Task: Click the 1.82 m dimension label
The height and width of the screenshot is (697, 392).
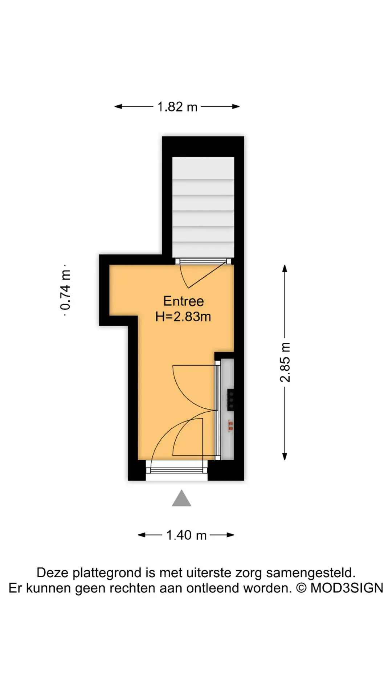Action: [177, 107]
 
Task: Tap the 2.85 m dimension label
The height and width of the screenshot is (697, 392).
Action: [285, 362]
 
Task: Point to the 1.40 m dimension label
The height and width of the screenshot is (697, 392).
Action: [186, 535]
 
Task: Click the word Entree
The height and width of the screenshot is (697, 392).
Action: [184, 301]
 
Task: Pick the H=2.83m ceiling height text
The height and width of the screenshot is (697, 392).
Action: [183, 317]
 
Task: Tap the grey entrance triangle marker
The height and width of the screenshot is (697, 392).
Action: [181, 498]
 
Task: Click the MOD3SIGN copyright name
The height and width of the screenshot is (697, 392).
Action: [347, 588]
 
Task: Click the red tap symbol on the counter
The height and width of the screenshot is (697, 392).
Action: [230, 426]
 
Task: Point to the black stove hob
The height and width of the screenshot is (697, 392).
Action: [230, 400]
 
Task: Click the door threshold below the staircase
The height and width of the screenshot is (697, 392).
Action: [203, 261]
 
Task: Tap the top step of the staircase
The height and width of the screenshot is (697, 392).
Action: [203, 168]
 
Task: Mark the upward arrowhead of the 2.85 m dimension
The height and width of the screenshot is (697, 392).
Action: [285, 268]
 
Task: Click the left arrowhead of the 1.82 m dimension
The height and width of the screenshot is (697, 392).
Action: [119, 106]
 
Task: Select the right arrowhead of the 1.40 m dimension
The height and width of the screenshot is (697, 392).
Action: [230, 535]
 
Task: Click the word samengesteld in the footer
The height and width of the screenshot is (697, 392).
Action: [311, 573]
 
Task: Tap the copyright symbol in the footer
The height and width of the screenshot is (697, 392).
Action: [301, 588]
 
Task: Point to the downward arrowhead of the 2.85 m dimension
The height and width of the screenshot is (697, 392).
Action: [285, 456]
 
